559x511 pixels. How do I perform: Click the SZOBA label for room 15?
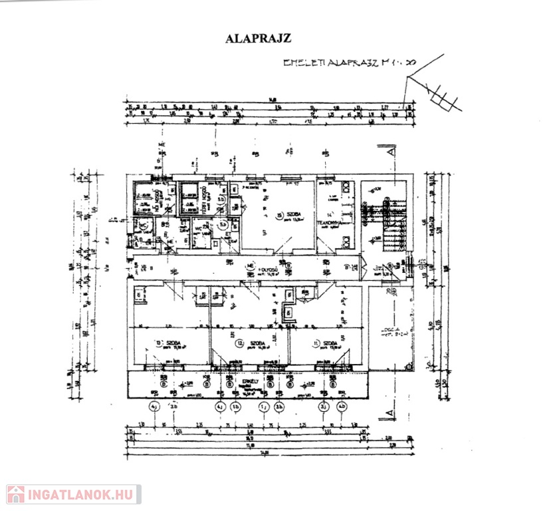[x=294, y=214]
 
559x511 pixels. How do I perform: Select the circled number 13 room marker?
[x=159, y=343]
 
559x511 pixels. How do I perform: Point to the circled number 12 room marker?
[x=240, y=343]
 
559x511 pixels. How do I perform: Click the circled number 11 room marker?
[x=316, y=343]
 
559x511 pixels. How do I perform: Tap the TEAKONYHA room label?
[x=329, y=222]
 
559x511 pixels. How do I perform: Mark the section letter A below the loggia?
[x=391, y=415]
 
